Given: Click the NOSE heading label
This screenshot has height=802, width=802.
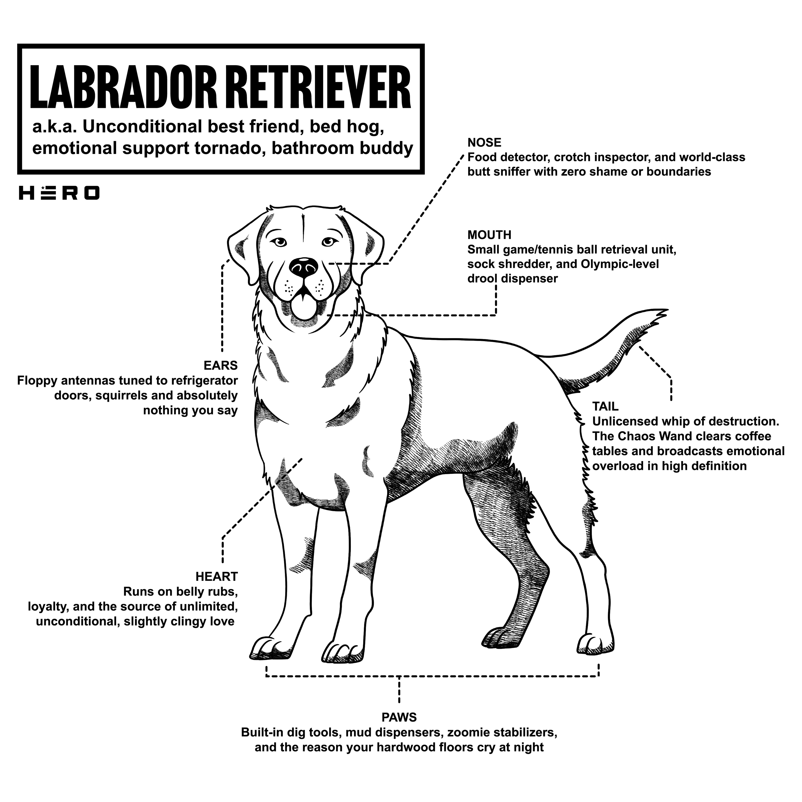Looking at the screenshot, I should pos(484,143).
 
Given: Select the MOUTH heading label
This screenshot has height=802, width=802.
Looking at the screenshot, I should pos(489,235).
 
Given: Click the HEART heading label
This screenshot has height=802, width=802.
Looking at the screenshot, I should pos(216,577).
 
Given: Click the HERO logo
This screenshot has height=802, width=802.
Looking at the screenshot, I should pos(59,193).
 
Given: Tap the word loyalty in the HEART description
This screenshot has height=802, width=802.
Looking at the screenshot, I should pos(48,607).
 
